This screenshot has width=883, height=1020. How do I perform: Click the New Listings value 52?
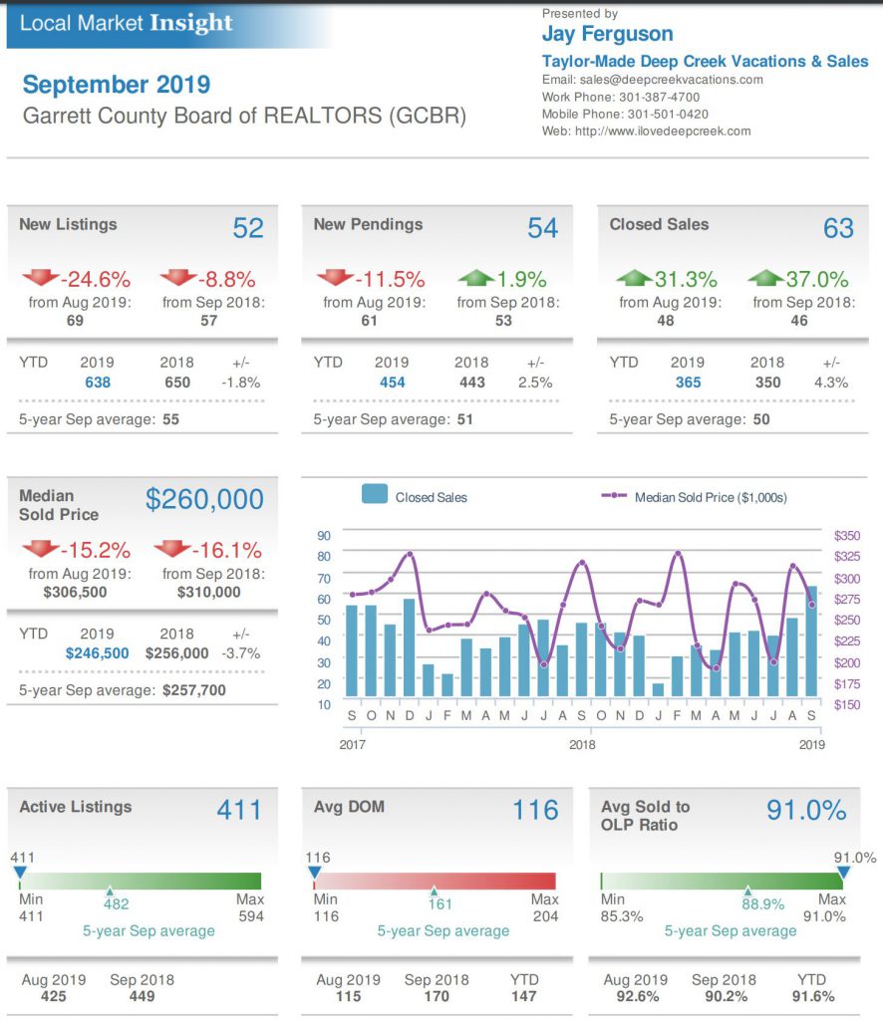click(248, 228)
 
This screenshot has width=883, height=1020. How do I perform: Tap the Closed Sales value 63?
click(838, 228)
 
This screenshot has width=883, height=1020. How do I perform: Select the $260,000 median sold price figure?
click(204, 499)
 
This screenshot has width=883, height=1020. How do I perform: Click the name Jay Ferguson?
click(607, 35)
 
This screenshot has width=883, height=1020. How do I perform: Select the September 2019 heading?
click(117, 85)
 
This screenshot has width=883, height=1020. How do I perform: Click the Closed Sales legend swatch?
click(375, 495)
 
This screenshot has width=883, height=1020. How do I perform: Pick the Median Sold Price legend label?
click(711, 496)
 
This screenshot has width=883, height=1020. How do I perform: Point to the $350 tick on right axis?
click(846, 536)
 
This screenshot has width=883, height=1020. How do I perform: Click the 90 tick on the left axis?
click(324, 536)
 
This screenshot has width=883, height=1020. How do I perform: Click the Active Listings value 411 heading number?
click(239, 810)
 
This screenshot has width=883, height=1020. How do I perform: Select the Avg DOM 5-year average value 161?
click(440, 904)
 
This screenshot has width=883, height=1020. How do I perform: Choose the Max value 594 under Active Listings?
click(251, 916)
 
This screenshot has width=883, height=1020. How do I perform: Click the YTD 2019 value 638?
click(97, 382)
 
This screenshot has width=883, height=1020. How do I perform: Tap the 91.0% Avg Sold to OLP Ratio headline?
click(806, 810)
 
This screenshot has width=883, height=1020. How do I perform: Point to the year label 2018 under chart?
click(582, 744)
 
